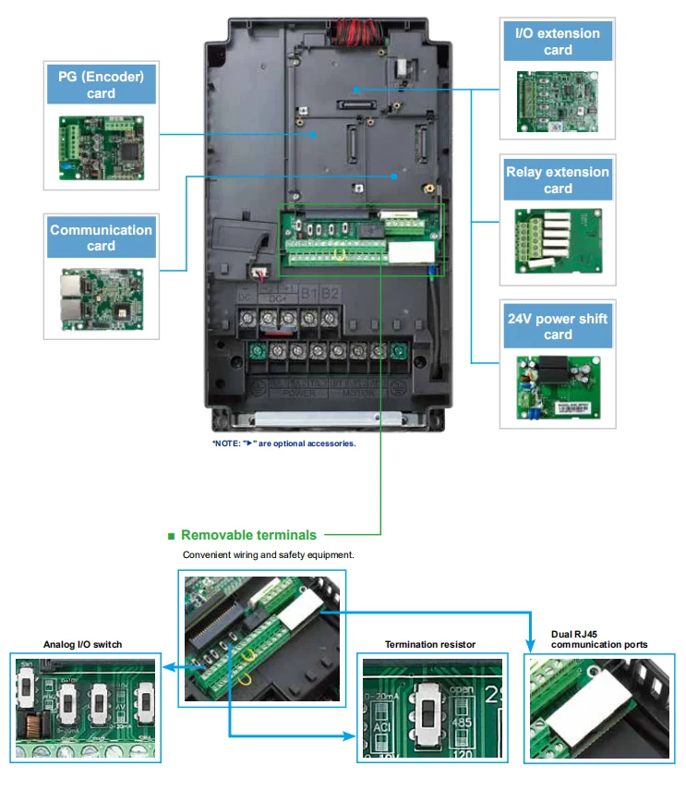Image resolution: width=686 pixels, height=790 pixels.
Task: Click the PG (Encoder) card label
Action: (101, 84)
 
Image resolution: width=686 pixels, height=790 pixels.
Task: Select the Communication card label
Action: (101, 237)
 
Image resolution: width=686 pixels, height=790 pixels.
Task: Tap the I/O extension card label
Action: (558, 42)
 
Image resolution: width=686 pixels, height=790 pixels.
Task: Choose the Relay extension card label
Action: (558, 179)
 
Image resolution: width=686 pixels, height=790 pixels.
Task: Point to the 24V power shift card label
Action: (558, 326)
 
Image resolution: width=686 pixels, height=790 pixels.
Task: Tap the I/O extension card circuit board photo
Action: (558, 103)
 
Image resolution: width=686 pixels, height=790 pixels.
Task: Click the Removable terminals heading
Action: (248, 535)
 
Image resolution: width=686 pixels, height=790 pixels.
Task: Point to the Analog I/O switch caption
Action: (82, 644)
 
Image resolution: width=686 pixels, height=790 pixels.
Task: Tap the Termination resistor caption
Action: (430, 644)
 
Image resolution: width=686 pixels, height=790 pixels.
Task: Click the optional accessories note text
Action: (283, 444)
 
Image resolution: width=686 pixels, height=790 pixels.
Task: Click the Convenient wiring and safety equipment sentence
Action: (268, 555)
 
